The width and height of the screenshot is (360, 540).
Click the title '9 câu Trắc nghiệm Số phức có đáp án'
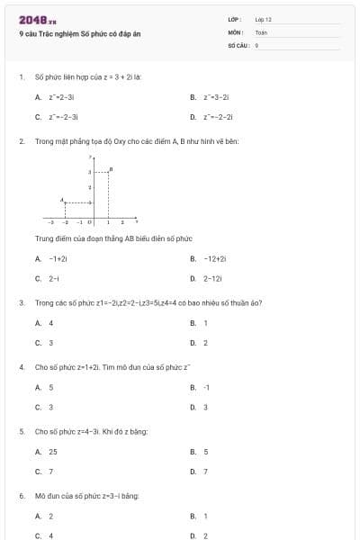coord(80,34)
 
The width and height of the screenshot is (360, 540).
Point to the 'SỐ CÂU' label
coord(237,44)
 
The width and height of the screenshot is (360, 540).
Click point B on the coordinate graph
coord(110,169)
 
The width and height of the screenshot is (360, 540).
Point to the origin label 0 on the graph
coord(89,220)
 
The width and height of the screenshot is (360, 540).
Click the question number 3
coord(21,302)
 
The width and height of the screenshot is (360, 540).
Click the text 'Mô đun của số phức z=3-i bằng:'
coord(86,496)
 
